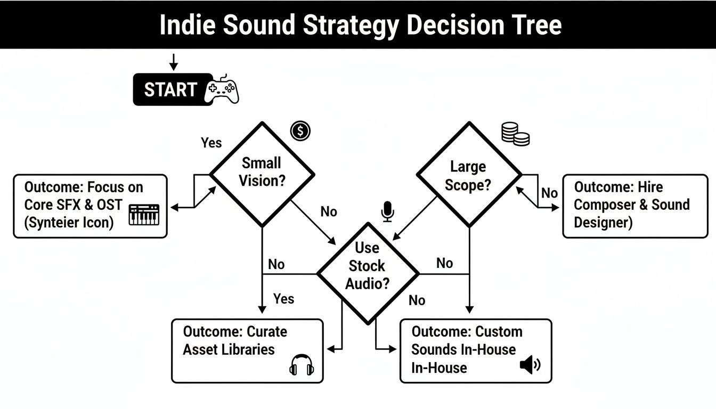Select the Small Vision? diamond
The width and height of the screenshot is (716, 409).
click(262, 174)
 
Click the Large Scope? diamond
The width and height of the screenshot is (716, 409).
click(468, 175)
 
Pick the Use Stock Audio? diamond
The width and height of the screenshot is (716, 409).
click(368, 273)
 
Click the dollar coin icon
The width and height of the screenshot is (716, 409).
click(300, 130)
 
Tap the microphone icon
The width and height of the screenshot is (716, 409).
click(387, 211)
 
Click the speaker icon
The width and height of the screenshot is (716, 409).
click(530, 365)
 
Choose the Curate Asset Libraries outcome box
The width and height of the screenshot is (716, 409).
click(247, 350)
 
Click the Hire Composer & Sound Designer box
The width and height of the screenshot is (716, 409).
click(635, 206)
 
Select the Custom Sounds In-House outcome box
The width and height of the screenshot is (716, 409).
click(475, 350)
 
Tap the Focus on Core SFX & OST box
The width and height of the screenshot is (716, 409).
click(90, 206)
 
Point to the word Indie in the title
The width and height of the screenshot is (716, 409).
click(188, 24)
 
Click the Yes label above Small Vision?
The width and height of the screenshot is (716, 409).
click(211, 143)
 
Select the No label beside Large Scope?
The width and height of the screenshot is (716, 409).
click(549, 193)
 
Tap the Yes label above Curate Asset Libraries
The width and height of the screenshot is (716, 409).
click(283, 298)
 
